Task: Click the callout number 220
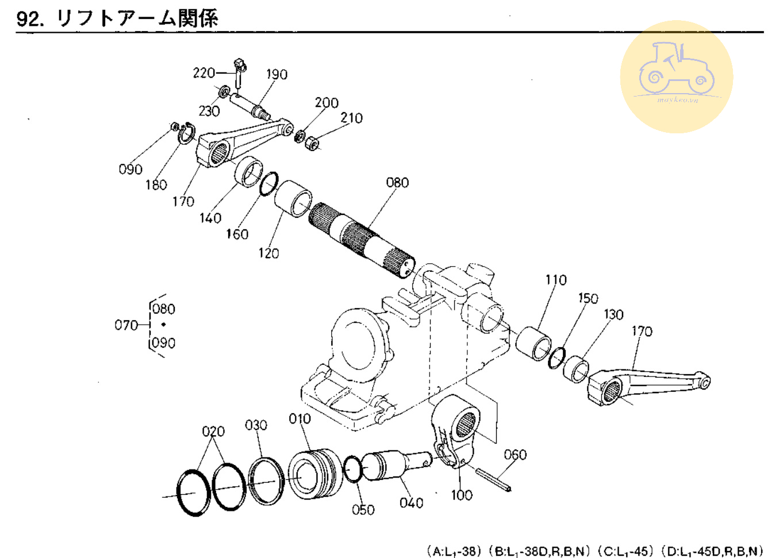tap(204, 73)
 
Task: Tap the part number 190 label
tap(277, 75)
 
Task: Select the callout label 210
tap(351, 118)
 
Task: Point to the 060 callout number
tap(515, 455)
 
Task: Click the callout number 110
tap(556, 280)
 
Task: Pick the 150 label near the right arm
tap(588, 298)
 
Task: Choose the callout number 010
tap(300, 419)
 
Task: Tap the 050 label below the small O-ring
tap(363, 510)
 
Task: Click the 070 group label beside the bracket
tap(126, 325)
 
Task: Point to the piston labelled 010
tap(314, 474)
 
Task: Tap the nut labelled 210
tap(311, 143)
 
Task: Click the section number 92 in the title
tap(29, 19)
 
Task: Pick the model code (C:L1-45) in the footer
tap(625, 551)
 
